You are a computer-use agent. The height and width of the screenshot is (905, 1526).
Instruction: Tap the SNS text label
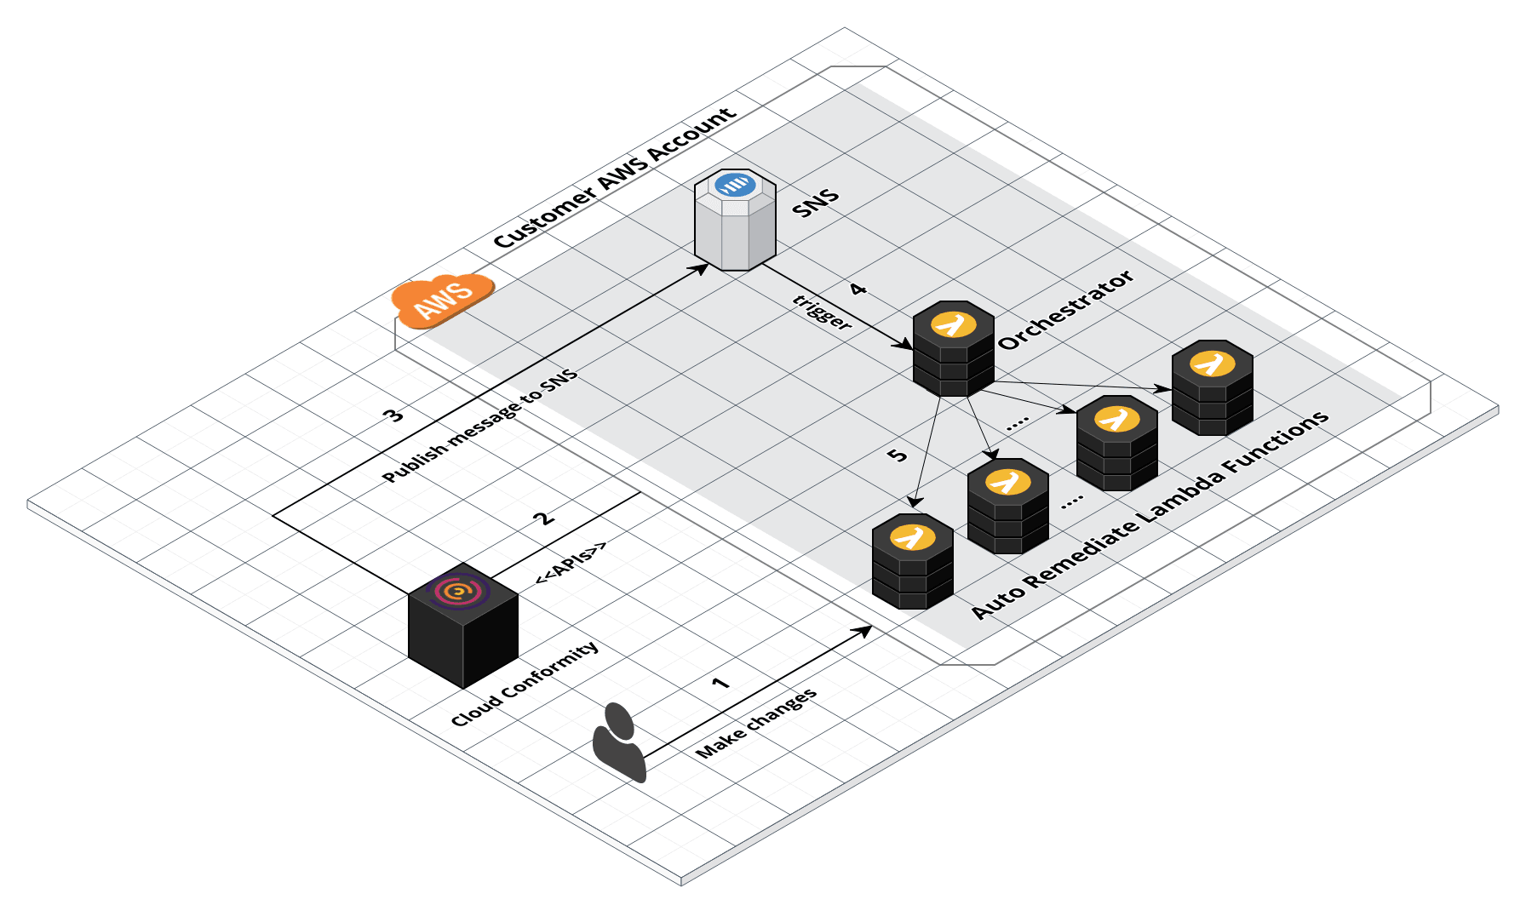coord(816,203)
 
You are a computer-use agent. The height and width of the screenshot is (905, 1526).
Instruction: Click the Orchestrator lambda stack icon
coord(953,349)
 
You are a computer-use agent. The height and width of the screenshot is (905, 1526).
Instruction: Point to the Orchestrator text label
coord(1065,310)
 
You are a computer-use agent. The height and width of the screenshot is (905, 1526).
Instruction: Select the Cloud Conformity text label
coord(525,684)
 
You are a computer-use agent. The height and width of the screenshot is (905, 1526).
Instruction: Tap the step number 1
coord(720,684)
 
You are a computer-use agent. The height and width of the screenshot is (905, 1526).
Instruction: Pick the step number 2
coord(542,518)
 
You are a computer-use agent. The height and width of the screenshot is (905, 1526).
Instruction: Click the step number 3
coord(393,415)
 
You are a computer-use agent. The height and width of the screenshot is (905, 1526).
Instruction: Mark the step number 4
coord(858,289)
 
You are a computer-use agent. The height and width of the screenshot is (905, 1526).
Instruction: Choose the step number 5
coord(897,455)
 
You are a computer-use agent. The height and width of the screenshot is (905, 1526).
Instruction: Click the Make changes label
coord(756,723)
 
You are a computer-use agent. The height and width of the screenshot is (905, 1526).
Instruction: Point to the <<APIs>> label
coord(571,563)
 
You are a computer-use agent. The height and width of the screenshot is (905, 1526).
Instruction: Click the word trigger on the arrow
coord(822,312)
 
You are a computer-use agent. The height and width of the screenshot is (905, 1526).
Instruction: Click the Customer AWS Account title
coord(614,178)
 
